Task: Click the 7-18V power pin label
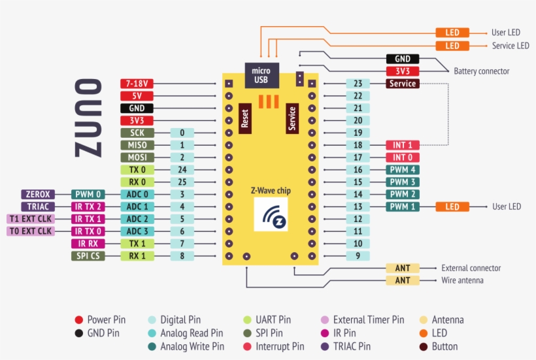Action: coord(137,84)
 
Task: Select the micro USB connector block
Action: coord(261,75)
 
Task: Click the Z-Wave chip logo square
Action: coord(271,214)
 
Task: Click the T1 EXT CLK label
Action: coord(30,219)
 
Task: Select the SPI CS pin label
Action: coord(87,256)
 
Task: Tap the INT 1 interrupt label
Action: coord(403,145)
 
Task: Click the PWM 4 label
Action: coord(403,170)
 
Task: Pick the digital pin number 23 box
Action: coord(358,84)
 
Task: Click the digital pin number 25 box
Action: coord(182,182)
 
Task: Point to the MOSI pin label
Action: coord(137,157)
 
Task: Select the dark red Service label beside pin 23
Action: coord(403,84)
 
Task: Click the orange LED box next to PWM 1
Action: coord(452,206)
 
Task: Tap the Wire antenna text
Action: coord(462,280)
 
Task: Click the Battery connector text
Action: coord(481,71)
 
